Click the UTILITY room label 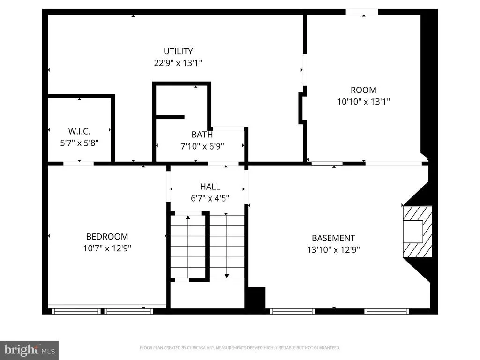[x=178, y=51]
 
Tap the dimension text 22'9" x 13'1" [x=178, y=63]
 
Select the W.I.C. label [x=79, y=131]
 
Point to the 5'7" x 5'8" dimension [x=79, y=142]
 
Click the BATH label [x=202, y=135]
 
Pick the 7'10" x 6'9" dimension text [x=202, y=146]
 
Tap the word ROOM [x=363, y=90]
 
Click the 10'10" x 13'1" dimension [x=363, y=102]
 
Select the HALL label [x=210, y=187]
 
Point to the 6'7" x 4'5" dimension [x=210, y=198]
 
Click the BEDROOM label [x=107, y=237]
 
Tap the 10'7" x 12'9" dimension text [x=107, y=248]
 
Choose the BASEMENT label [x=333, y=238]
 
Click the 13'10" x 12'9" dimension [x=333, y=249]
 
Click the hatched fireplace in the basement [x=418, y=232]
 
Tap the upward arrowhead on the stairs [x=188, y=217]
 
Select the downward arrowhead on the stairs [x=226, y=276]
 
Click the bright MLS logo [x=30, y=350]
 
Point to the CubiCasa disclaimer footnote [x=240, y=348]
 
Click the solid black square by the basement [x=256, y=298]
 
